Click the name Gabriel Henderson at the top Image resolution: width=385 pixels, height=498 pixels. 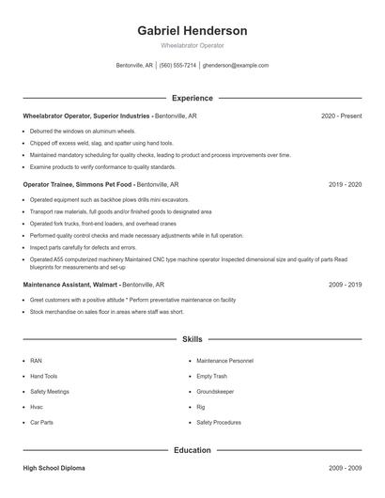192,30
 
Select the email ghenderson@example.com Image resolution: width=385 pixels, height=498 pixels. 235,66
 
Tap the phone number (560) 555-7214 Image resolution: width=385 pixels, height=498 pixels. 177,66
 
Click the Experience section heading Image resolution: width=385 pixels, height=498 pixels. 192,98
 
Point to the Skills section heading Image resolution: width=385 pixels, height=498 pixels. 192,337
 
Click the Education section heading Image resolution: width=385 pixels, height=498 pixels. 192,450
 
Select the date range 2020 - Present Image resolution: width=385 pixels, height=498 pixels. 341,116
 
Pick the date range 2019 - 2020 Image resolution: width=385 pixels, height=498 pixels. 346,185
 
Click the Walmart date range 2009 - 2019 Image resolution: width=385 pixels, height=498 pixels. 346,283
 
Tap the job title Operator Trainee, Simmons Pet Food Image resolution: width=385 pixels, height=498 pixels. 79,185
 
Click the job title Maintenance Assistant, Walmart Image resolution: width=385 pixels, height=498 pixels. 71,283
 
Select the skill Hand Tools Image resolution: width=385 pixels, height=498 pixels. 43,376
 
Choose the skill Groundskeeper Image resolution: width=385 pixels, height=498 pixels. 215,391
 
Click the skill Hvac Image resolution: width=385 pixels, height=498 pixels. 37,407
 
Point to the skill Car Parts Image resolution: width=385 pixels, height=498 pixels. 41,423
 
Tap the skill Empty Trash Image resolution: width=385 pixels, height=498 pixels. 211,376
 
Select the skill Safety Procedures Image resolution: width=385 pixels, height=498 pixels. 219,423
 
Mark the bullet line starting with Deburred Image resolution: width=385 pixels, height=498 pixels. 83,132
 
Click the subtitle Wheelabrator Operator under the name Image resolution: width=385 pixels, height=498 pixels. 192,45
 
